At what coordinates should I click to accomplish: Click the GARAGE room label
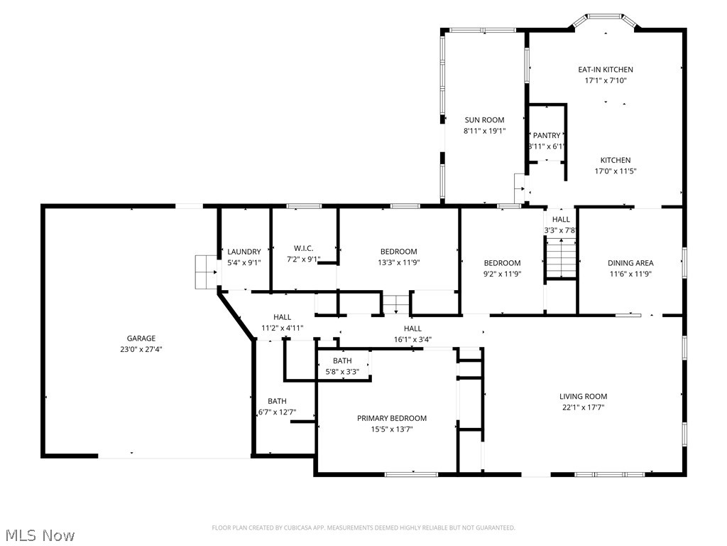point(141,338)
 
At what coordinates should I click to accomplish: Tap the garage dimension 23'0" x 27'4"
point(141,350)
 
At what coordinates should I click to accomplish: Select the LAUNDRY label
point(244,252)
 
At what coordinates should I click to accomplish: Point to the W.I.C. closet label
point(304,248)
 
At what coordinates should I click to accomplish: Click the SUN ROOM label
point(484,120)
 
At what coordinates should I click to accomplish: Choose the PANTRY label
point(547,136)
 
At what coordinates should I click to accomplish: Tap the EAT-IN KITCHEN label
point(605,70)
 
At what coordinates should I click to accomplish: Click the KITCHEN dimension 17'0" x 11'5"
point(615,171)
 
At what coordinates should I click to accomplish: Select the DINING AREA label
point(630,263)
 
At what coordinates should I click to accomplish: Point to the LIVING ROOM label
point(583,397)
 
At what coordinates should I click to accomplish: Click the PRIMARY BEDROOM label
point(392,419)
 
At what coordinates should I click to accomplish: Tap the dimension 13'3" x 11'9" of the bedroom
point(398,262)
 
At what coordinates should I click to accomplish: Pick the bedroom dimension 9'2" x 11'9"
point(502,274)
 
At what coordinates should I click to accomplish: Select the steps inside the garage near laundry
point(206,272)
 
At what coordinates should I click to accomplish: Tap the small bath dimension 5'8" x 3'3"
point(342,371)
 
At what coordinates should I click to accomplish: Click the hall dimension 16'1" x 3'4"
point(412,339)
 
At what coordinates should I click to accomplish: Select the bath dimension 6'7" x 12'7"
point(277,412)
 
